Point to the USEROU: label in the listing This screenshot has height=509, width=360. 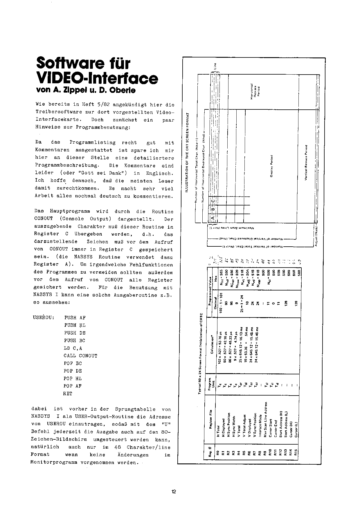(x=44, y=317)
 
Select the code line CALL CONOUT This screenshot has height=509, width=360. (x=80, y=356)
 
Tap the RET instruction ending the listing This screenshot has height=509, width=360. (x=68, y=394)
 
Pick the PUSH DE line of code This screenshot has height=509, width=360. (x=75, y=333)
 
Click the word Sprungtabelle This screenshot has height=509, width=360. (x=135, y=409)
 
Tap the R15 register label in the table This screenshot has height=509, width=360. (x=296, y=452)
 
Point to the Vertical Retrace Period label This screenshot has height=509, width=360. (x=306, y=162)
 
